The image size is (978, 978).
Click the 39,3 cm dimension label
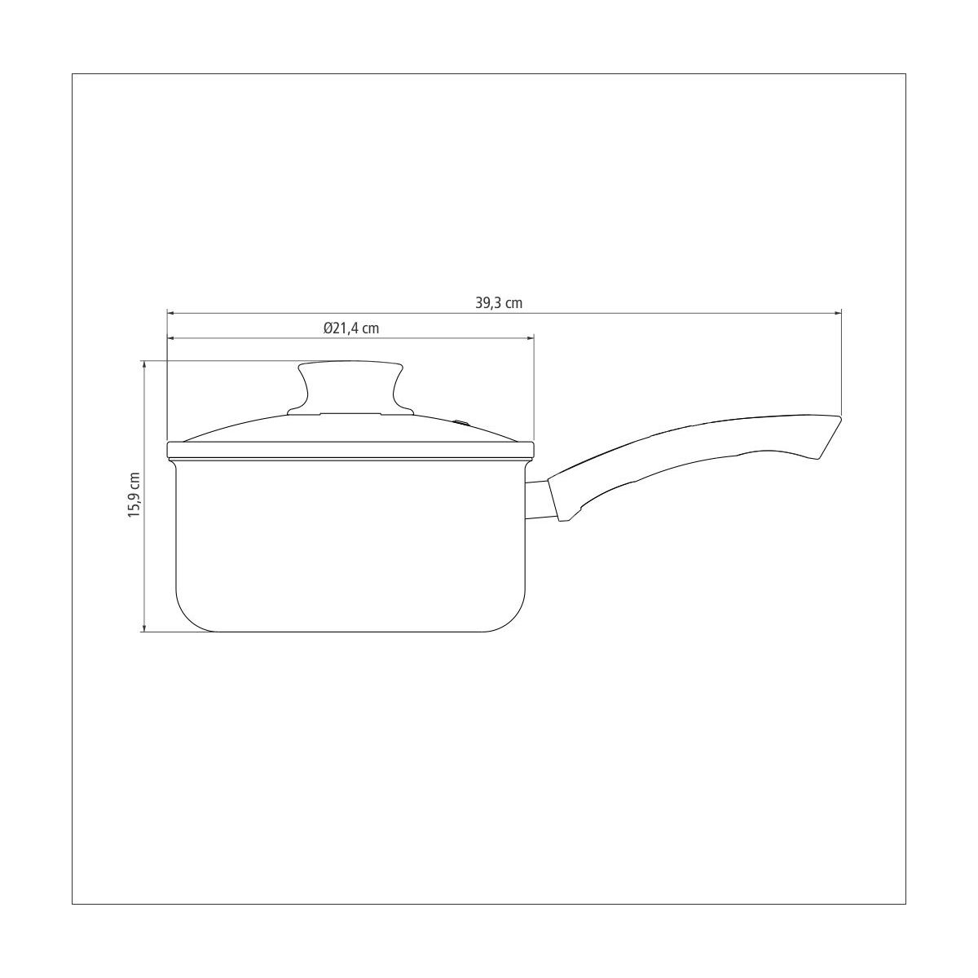[499, 302]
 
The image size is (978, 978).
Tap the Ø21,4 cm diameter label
[351, 328]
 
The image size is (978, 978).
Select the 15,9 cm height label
[134, 494]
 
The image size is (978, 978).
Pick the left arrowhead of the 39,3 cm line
[170, 312]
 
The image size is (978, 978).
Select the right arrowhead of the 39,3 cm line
[837, 312]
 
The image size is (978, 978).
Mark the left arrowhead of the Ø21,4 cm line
[170, 338]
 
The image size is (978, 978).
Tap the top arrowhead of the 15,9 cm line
[144, 364]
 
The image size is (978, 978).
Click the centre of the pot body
[351, 542]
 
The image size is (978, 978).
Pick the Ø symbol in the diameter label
[327, 328]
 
